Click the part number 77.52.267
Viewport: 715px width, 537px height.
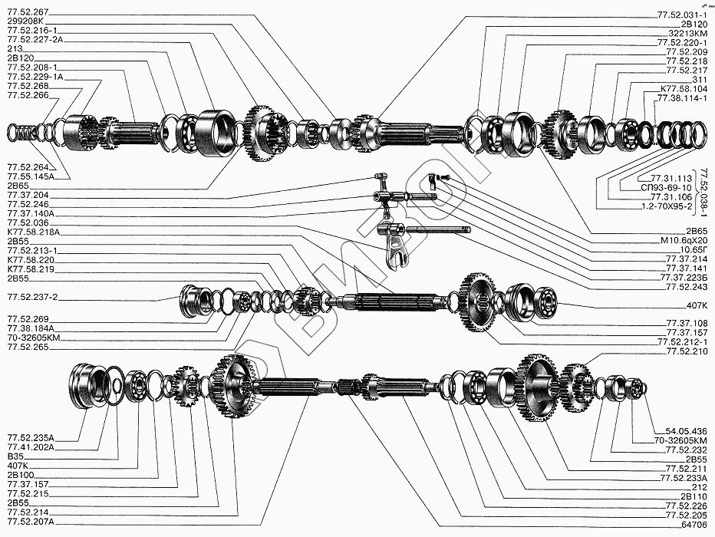(28, 12)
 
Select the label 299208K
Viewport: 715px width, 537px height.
(25, 21)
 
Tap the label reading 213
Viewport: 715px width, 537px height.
(15, 49)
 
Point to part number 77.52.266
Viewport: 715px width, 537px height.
(28, 95)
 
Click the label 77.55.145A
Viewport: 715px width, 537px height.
(31, 176)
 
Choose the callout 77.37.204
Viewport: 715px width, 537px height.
(28, 195)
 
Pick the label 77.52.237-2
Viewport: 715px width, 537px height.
(32, 297)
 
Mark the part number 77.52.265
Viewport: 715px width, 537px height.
(28, 348)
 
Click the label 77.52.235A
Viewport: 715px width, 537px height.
(31, 438)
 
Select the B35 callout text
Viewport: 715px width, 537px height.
(15, 456)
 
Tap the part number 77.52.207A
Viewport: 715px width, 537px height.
(31, 522)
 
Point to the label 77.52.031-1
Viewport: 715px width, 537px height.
(682, 15)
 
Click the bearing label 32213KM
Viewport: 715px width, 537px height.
(688, 33)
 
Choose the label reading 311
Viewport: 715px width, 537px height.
(700, 80)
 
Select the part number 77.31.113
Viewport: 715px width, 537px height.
(671, 178)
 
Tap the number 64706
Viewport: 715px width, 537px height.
(694, 525)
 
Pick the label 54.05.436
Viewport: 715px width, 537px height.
(687, 431)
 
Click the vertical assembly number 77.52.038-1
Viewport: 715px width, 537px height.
(703, 193)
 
